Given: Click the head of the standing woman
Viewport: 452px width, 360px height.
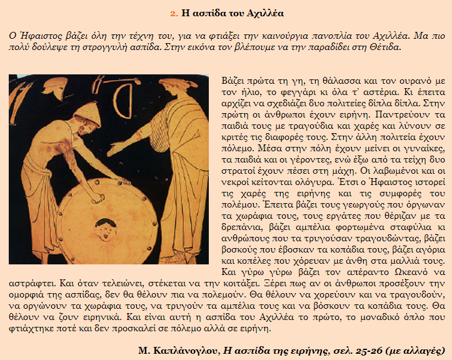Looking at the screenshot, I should tap(174, 90).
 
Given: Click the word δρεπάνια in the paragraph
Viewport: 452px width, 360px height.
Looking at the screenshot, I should tap(241, 228).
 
